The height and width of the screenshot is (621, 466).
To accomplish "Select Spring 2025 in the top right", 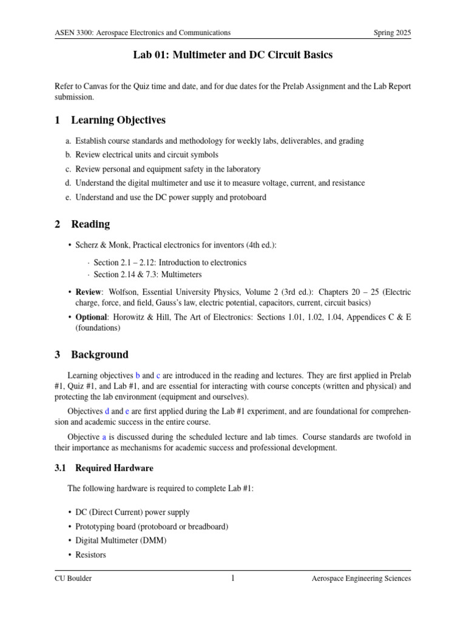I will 392,32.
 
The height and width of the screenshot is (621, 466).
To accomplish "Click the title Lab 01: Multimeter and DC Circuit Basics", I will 233,55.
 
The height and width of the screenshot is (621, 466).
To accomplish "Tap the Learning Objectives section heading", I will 118,120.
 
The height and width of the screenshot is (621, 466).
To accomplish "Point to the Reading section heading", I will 90,224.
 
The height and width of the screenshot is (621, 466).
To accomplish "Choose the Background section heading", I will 100,354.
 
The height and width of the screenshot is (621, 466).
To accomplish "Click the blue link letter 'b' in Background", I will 138,375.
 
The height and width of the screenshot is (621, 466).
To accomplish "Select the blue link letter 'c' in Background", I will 158,375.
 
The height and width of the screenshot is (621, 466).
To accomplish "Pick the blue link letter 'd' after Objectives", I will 107,412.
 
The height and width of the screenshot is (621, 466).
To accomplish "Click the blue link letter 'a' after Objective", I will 104,437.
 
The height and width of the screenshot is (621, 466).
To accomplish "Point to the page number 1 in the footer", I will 232,578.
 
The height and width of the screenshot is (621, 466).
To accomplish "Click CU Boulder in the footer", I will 73,579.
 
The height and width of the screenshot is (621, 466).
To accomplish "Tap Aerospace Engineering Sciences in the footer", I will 361,579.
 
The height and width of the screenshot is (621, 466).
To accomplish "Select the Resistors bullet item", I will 90,554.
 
